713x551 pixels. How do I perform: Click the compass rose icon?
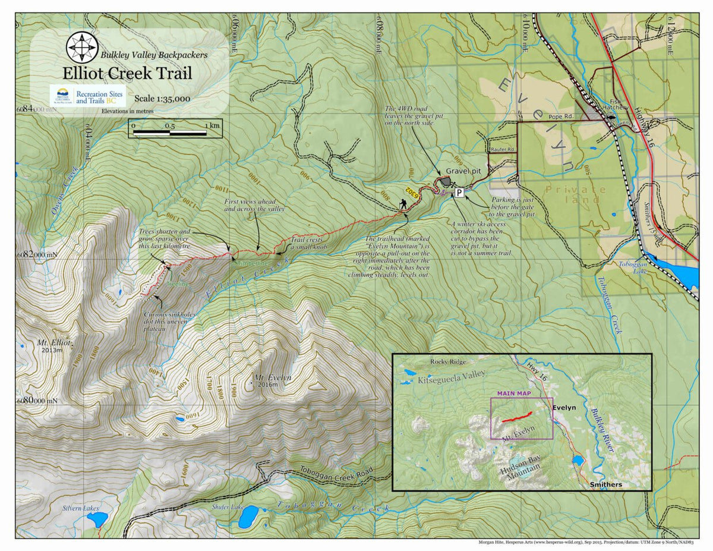(x=82, y=48)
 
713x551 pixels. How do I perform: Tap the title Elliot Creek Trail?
(x=127, y=74)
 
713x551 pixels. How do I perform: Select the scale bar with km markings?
(x=175, y=128)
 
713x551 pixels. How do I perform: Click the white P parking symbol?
(x=459, y=193)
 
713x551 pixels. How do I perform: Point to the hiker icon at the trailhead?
(x=404, y=204)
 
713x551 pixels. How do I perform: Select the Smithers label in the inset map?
(x=605, y=484)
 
